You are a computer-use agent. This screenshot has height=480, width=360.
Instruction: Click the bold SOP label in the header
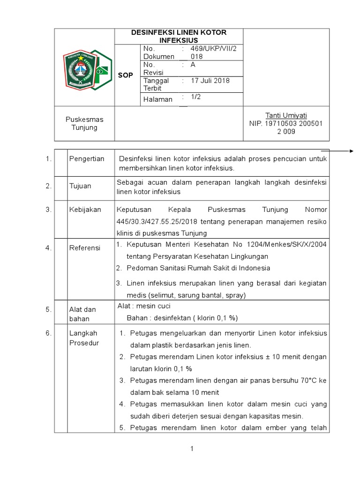pyautogui.click(x=125, y=75)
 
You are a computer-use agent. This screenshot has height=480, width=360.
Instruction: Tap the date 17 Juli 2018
pyautogui.click(x=210, y=81)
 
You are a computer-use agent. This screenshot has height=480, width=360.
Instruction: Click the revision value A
pyautogui.click(x=193, y=65)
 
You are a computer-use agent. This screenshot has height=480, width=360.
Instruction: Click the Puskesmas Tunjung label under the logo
pyautogui.click(x=84, y=123)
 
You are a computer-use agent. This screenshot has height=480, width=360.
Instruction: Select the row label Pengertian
pyautogui.click(x=87, y=159)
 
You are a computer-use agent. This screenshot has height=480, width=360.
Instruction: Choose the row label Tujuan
pyautogui.click(x=80, y=186)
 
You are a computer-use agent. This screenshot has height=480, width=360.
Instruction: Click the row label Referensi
pyautogui.click(x=85, y=248)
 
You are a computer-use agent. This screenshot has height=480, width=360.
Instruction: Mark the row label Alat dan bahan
pyautogui.click(x=82, y=314)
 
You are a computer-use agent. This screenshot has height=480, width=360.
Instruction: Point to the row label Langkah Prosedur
pyautogui.click(x=83, y=337)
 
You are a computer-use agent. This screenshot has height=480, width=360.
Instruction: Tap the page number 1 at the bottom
pyautogui.click(x=192, y=449)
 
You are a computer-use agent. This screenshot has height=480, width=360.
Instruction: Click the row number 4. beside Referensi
pyautogui.click(x=48, y=248)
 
